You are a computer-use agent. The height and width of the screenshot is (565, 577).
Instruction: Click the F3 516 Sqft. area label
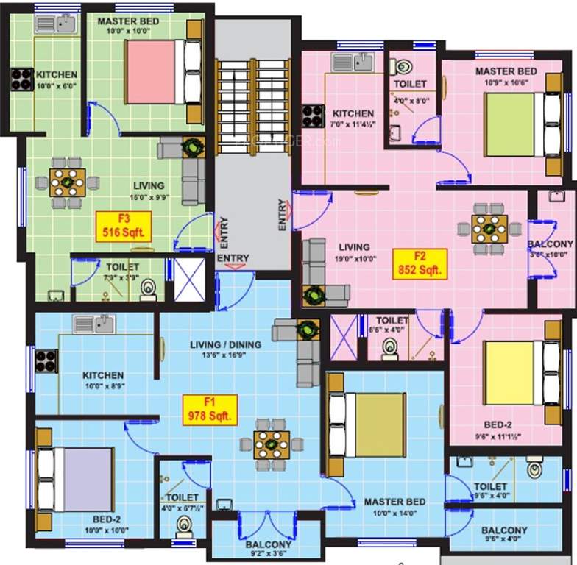pyautogui.click(x=124, y=226)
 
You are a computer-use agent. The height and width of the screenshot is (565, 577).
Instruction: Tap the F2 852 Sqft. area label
pyautogui.click(x=420, y=263)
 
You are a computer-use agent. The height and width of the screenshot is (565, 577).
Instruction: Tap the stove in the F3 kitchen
pyautogui.click(x=20, y=78)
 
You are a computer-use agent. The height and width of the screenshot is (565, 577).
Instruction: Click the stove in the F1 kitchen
pyautogui.click(x=46, y=360)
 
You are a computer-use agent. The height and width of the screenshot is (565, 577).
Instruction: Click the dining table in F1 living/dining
pyautogui.click(x=272, y=444)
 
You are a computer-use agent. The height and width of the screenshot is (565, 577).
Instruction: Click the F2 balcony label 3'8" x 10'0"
pyautogui.click(x=551, y=249)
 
